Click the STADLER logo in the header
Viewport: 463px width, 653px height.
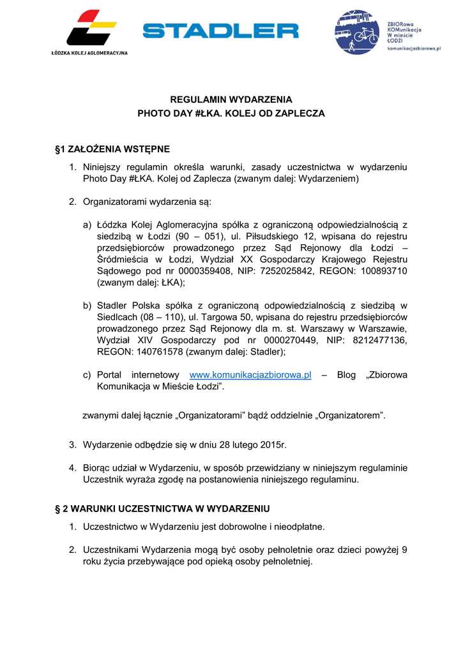(220, 31)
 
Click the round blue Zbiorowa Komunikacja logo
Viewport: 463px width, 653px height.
(358, 33)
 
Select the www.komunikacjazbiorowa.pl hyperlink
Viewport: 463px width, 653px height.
(250, 375)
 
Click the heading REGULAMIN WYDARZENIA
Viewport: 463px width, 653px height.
(231, 99)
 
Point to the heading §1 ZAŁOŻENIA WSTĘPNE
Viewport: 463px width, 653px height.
(112, 149)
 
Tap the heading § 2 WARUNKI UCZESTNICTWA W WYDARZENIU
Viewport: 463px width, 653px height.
(163, 509)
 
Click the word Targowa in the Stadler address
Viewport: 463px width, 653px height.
(223, 317)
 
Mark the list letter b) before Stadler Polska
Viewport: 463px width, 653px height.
(87, 305)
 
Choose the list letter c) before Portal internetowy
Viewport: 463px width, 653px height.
(87, 375)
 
